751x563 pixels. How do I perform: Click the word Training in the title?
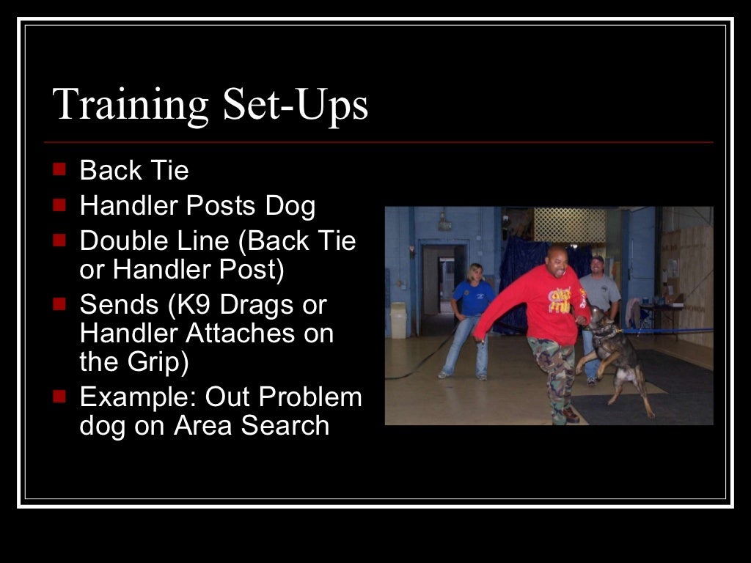point(131,104)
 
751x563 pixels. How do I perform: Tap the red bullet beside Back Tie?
point(59,170)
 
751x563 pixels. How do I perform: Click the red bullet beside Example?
point(59,397)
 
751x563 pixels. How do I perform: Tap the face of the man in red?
point(556,262)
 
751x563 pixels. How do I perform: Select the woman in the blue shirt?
point(471,315)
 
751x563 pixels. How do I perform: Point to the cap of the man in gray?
point(597,260)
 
